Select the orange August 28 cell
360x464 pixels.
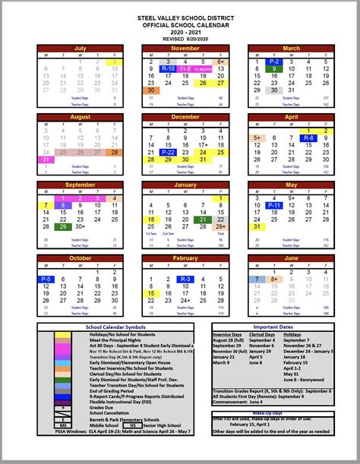[x=115, y=152]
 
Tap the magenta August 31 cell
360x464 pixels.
[x=46, y=159]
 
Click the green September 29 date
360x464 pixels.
[x=63, y=226]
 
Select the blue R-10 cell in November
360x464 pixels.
[x=168, y=69]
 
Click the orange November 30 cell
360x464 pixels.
[x=150, y=90]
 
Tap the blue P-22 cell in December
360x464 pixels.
[x=168, y=152]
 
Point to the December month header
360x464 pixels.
[x=185, y=118]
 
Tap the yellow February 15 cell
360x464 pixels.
[x=150, y=293]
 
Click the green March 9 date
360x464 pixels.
[x=273, y=69]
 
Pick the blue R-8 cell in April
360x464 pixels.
[x=308, y=137]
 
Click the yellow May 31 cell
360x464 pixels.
[x=256, y=226]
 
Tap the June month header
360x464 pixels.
[x=291, y=258]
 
